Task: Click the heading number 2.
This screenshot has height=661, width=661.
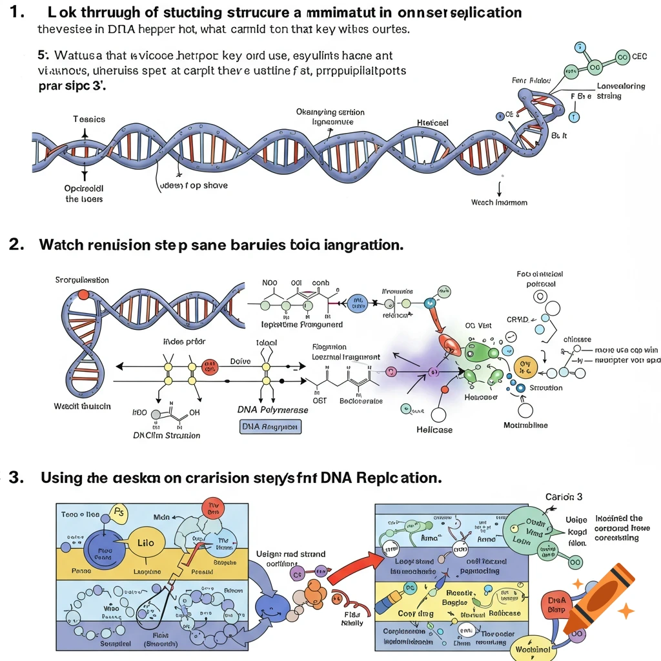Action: coord(15,245)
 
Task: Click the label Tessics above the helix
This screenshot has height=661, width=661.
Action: coord(89,119)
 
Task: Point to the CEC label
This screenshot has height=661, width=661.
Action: coord(639,57)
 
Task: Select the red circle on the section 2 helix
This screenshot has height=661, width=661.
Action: coord(83,294)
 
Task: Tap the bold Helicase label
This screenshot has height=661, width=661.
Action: coord(434,430)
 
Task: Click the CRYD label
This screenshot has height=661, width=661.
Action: coord(518,320)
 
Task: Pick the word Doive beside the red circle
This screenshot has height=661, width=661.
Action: coord(240,361)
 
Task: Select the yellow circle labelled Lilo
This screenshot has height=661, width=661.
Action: coord(145,543)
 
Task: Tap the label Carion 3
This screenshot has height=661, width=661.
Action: coord(564,497)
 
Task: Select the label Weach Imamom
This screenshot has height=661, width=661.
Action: coord(499,202)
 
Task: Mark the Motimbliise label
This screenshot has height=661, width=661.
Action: coord(525,425)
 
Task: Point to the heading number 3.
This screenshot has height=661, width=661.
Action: coord(15,478)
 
